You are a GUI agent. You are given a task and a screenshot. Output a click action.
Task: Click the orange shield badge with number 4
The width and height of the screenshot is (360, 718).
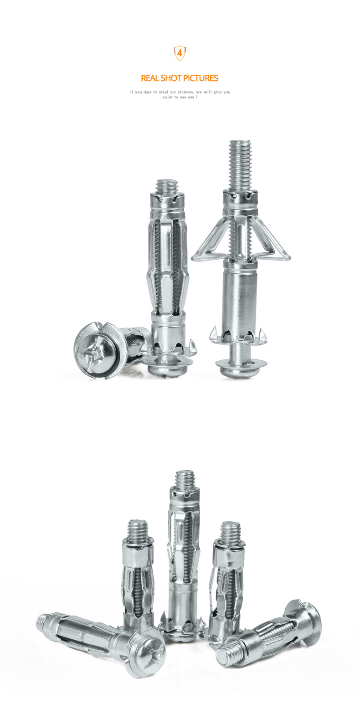(180, 53)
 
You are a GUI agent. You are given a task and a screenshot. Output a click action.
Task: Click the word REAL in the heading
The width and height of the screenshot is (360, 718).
(150, 78)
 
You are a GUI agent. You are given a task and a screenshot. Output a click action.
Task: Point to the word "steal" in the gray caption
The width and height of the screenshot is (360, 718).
(163, 92)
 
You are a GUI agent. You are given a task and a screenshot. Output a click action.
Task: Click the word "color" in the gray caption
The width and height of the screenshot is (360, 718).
(168, 97)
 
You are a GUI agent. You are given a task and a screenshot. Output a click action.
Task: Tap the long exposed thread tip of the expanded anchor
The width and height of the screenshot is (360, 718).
(240, 165)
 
